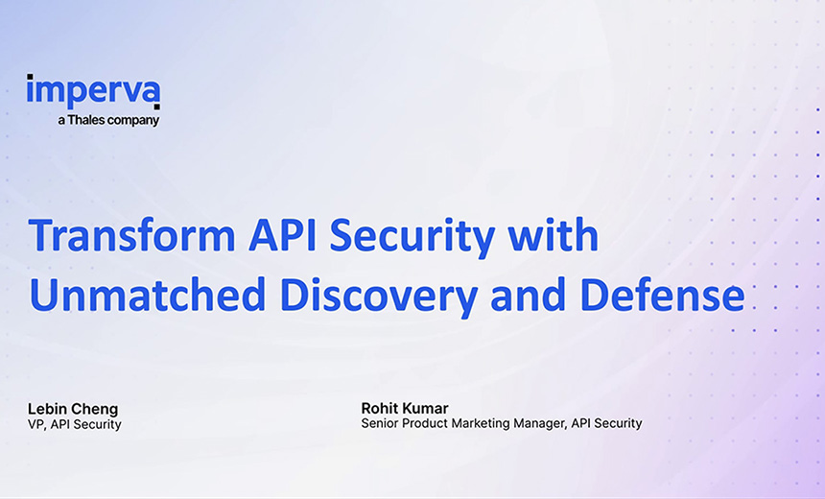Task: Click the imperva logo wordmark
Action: tap(93, 92)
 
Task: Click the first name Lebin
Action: tap(47, 409)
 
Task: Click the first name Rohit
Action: tap(380, 408)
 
